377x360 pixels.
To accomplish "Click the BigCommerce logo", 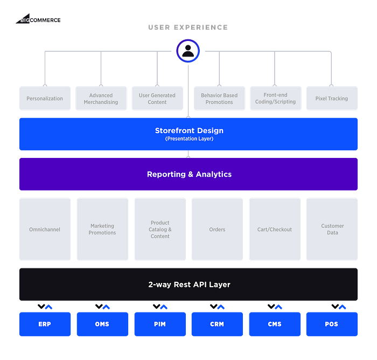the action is click(x=38, y=19).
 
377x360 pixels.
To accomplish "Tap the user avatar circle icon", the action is click(x=188, y=51).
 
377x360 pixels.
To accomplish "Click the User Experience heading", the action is click(x=188, y=27).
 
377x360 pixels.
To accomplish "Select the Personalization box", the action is click(x=45, y=98).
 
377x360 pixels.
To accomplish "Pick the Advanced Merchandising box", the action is click(x=101, y=98).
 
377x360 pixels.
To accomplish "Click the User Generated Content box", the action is click(x=157, y=98).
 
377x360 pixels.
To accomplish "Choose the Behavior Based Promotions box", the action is click(x=219, y=98).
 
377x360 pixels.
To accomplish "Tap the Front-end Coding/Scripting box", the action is click(x=276, y=98).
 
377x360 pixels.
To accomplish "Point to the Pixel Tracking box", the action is click(x=332, y=98).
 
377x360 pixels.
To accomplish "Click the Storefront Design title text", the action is click(x=189, y=130).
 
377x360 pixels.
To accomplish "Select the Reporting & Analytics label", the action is click(x=189, y=174).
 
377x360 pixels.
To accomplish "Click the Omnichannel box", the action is click(x=45, y=229).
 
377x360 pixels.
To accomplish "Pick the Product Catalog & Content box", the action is click(x=160, y=229).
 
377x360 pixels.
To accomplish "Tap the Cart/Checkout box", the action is click(x=275, y=229).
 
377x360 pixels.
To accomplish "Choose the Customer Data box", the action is click(x=332, y=229).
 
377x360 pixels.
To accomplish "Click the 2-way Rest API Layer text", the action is click(x=189, y=285).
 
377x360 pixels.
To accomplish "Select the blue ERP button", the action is click(x=45, y=324).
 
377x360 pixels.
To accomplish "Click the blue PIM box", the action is click(x=160, y=324).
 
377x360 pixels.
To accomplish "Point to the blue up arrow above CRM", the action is click(x=221, y=307).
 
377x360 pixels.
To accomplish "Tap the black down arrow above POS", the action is click(x=335, y=306).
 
